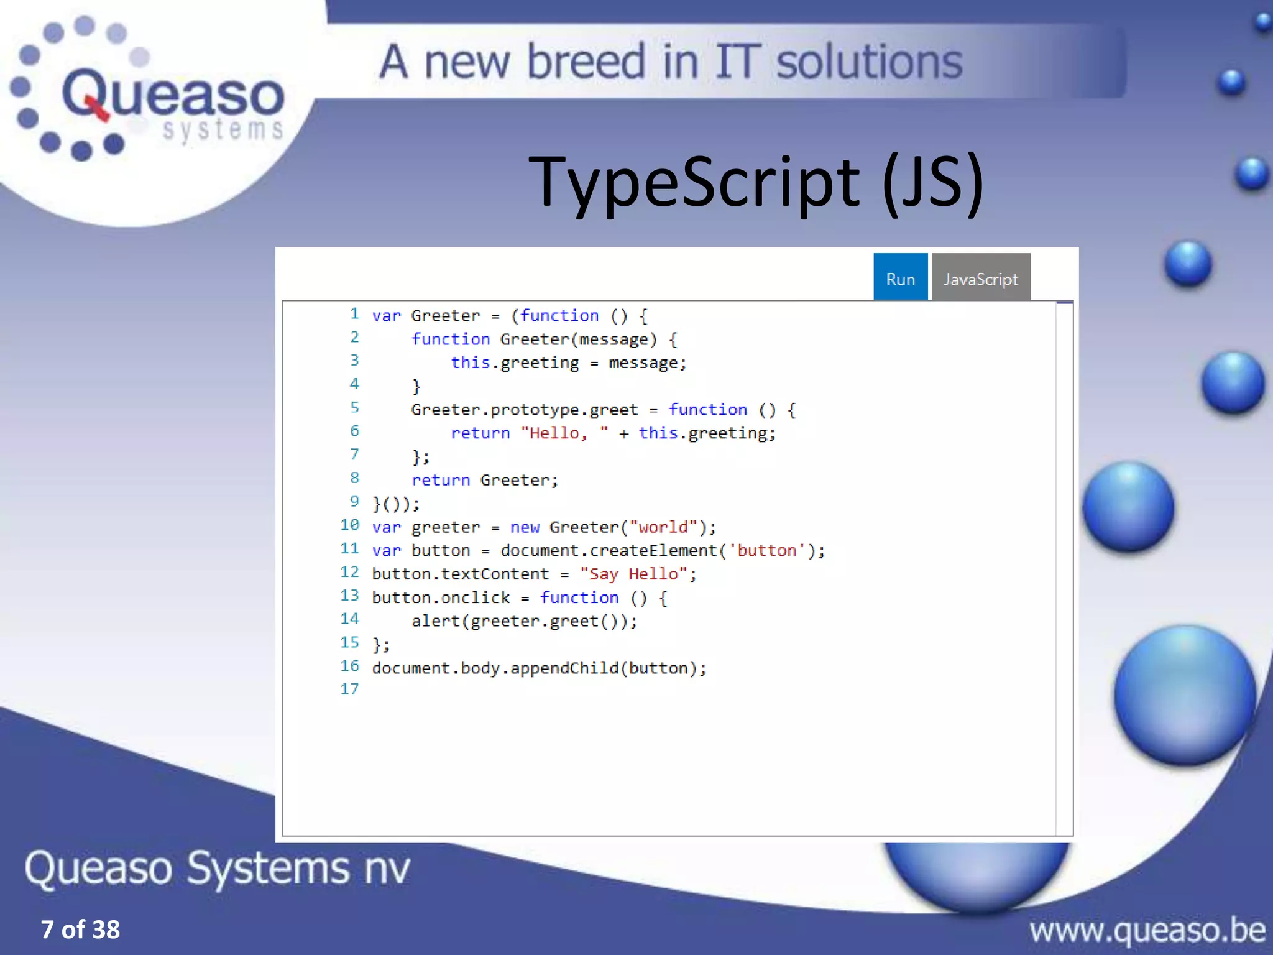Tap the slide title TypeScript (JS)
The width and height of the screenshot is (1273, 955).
point(755,182)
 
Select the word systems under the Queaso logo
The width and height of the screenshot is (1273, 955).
point(223,130)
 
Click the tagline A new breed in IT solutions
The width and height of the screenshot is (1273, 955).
point(670,62)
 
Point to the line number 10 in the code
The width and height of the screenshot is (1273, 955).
point(350,525)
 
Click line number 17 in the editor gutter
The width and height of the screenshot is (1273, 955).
point(350,690)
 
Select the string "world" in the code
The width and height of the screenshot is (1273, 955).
point(663,527)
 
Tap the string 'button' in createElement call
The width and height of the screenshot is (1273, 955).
point(767,551)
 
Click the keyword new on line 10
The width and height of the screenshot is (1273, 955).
point(525,527)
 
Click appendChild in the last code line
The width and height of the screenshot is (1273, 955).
point(564,668)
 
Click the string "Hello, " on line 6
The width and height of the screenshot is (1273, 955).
point(564,433)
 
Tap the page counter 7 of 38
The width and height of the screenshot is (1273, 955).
point(80,930)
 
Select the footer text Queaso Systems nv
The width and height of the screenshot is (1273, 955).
point(218,868)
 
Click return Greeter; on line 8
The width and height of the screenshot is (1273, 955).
point(485,481)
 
